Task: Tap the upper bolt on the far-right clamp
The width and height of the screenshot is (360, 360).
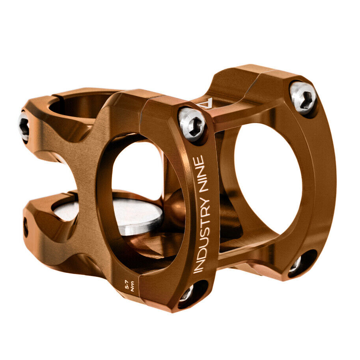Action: (x=303, y=97)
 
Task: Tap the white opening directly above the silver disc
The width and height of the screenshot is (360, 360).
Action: (x=136, y=170)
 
